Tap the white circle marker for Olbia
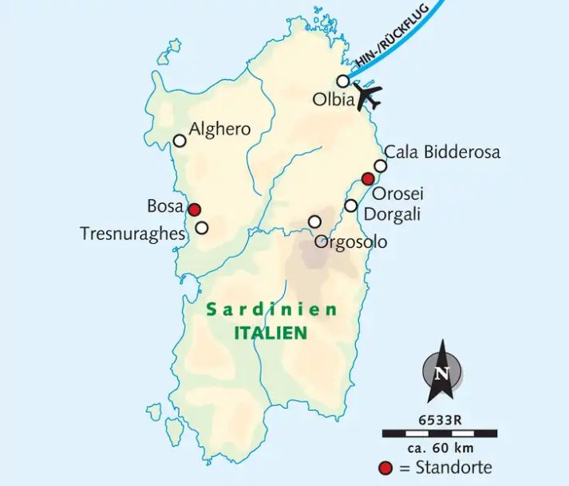pos(343,80)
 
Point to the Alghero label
pos(219,129)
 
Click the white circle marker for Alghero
pos(180,141)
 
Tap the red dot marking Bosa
pos(193,210)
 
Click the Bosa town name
pos(165,206)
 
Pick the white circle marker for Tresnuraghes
pos(202,228)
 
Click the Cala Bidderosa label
pos(443,152)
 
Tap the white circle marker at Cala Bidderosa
pos(381,166)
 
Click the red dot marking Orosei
pos(368,178)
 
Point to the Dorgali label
pos(392,214)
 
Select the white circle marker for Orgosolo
pos(315,221)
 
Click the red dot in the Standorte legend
pos(389,468)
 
